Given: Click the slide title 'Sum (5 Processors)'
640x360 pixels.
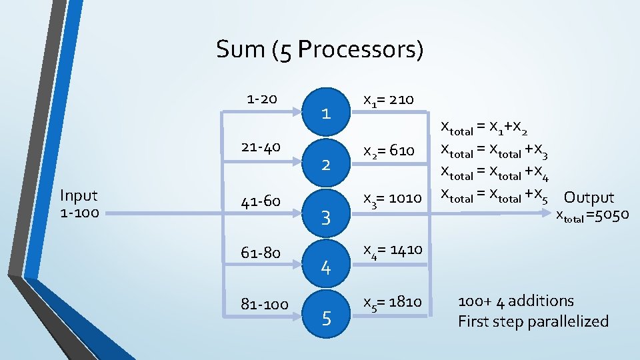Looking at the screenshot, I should click(319, 49).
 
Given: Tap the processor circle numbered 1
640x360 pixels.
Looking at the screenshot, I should click(326, 113).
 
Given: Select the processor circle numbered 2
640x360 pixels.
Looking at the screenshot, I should click(326, 164).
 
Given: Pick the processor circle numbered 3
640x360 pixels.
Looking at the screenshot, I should click(326, 216).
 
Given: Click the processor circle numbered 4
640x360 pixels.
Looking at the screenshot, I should click(326, 267).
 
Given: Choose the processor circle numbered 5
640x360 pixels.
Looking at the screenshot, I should click(326, 319).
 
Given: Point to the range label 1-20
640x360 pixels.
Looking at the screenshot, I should click(261, 99).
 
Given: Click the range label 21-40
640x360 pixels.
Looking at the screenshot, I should click(261, 146).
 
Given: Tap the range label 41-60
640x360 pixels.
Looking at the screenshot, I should click(261, 200).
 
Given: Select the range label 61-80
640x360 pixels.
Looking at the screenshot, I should click(261, 253).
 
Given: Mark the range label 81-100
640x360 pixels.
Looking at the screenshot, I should click(265, 305).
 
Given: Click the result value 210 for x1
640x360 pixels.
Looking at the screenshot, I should click(401, 100).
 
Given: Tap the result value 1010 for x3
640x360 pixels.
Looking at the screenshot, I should click(404, 198).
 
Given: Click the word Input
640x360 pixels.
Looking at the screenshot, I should click(79, 195).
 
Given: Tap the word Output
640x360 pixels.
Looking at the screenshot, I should click(589, 197).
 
